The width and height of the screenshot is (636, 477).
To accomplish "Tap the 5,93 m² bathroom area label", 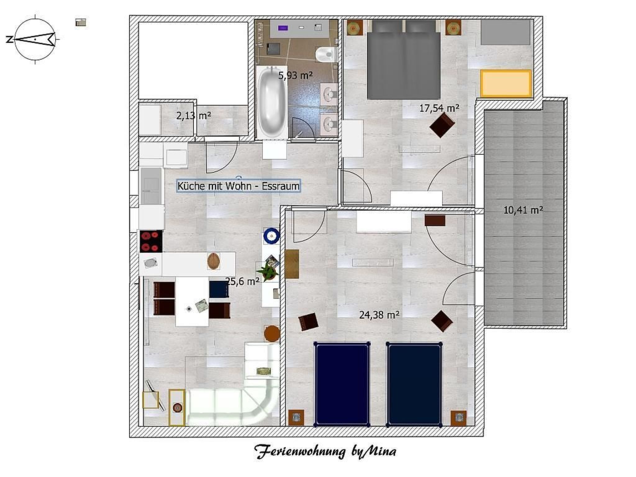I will tap(295, 75).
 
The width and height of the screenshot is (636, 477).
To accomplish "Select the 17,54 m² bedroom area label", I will tap(439, 108).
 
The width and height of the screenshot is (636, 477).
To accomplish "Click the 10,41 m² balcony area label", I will tap(523, 210).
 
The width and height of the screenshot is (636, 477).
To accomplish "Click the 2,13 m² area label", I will tap(193, 116).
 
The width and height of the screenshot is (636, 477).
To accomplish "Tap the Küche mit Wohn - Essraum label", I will tap(238, 186).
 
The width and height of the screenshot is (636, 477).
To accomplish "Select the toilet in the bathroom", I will tap(326, 55).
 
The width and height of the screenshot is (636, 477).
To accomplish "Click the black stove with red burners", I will tap(151, 241).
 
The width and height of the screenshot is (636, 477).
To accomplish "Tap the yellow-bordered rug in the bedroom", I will tap(506, 83).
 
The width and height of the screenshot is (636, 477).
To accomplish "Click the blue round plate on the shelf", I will tap(272, 236).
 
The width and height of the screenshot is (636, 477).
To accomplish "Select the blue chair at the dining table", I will tap(219, 289).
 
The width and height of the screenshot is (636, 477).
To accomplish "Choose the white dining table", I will tap(192, 301).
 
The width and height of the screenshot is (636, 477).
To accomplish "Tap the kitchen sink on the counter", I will tap(151, 263).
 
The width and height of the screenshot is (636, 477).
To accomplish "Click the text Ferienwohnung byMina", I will tap(325, 451).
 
